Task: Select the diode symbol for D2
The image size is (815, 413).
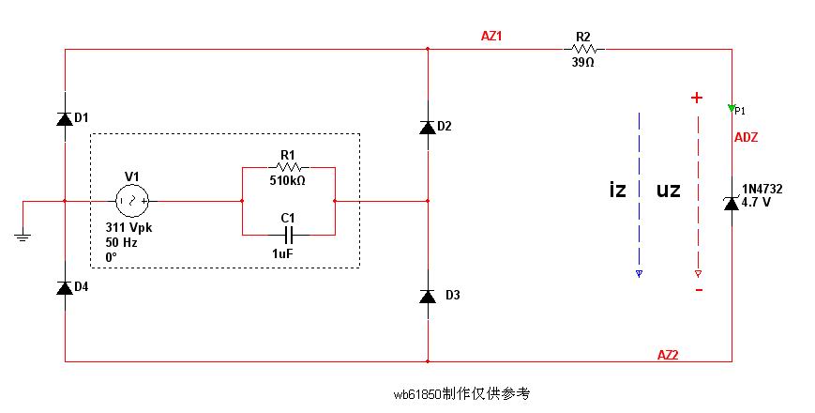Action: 428,127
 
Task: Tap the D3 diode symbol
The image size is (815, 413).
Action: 428,296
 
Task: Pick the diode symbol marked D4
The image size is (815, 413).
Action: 65,287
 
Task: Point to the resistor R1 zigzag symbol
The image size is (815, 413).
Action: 288,167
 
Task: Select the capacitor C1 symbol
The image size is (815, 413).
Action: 288,232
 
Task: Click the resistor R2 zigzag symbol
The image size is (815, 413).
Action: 583,49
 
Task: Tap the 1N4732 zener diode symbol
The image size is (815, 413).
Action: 732,202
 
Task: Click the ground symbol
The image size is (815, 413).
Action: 25,237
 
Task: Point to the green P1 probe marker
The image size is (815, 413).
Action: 732,108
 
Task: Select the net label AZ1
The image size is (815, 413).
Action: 492,37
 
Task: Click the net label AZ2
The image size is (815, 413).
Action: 668,354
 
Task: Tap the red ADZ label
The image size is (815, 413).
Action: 746,137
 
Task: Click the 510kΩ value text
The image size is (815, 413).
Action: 288,180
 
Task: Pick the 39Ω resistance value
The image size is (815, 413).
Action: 582,62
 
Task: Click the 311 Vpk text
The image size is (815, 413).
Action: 129,228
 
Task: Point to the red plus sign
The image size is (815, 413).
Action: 697,97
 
